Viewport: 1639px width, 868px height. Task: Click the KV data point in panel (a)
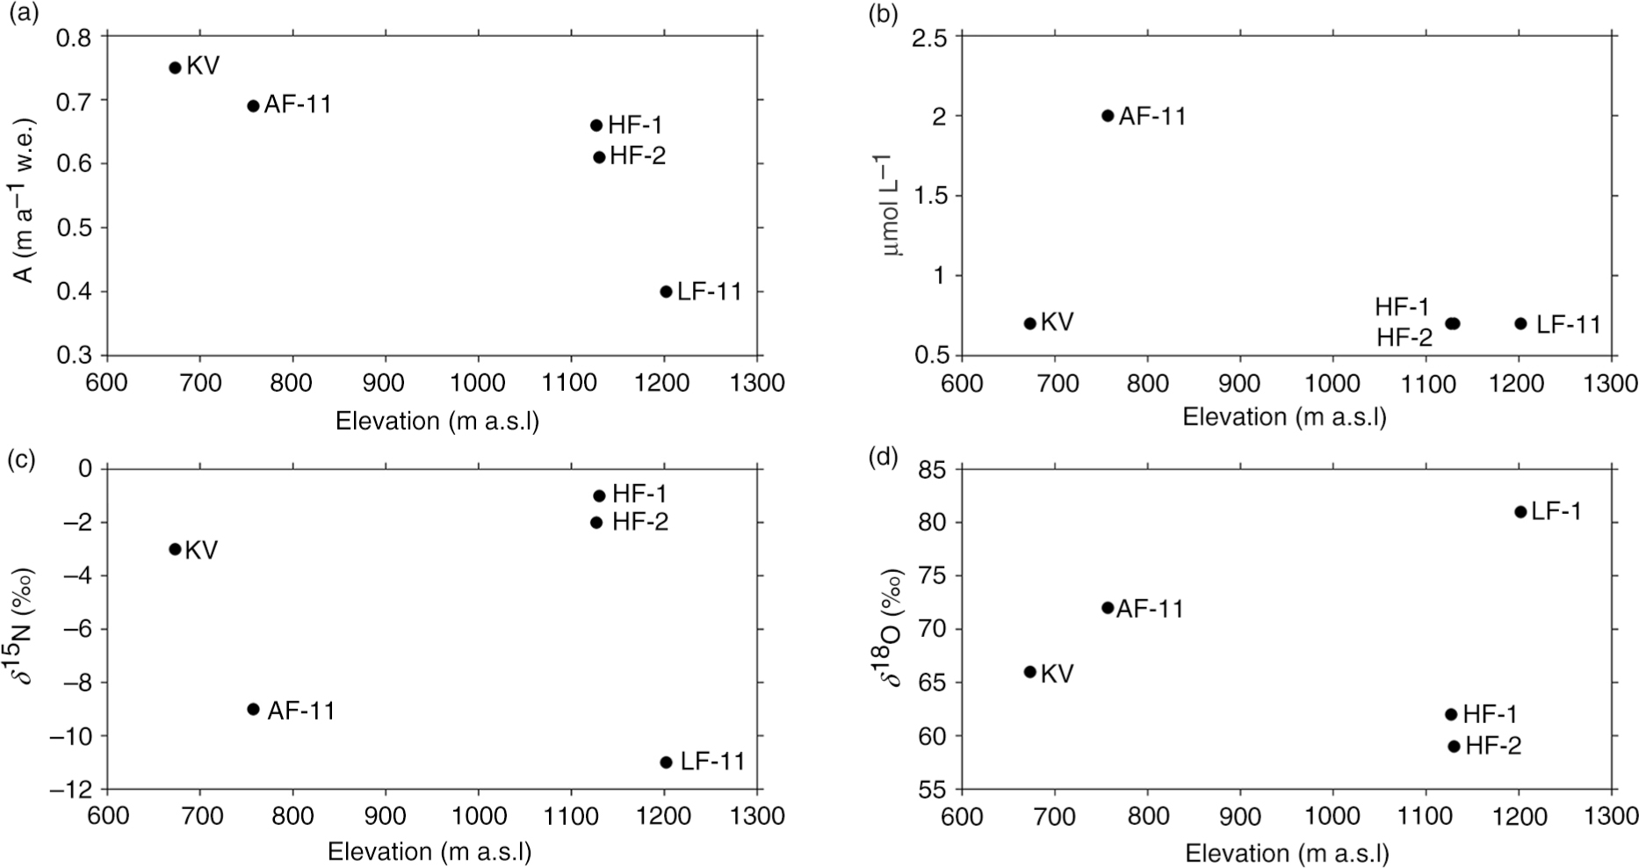click(175, 68)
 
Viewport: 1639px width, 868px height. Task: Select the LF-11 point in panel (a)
click(666, 292)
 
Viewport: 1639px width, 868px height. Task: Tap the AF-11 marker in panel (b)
click(1108, 115)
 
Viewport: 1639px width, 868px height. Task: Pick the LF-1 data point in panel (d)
click(1520, 511)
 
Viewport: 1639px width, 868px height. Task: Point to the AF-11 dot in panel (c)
click(253, 709)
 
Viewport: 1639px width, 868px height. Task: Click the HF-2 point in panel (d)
click(1454, 746)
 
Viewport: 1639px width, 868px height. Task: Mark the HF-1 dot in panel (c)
click(600, 495)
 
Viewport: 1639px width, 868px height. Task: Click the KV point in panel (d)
click(1030, 672)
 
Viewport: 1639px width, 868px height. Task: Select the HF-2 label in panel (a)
click(638, 156)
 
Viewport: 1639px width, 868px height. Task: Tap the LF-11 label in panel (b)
click(1569, 324)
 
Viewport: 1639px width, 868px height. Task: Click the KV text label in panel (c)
click(201, 550)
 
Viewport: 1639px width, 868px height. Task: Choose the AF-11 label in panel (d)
click(1150, 609)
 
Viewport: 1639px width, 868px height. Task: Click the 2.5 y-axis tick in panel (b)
click(929, 38)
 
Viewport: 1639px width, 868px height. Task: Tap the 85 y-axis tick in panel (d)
click(932, 470)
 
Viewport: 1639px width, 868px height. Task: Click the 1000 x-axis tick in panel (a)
click(478, 383)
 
